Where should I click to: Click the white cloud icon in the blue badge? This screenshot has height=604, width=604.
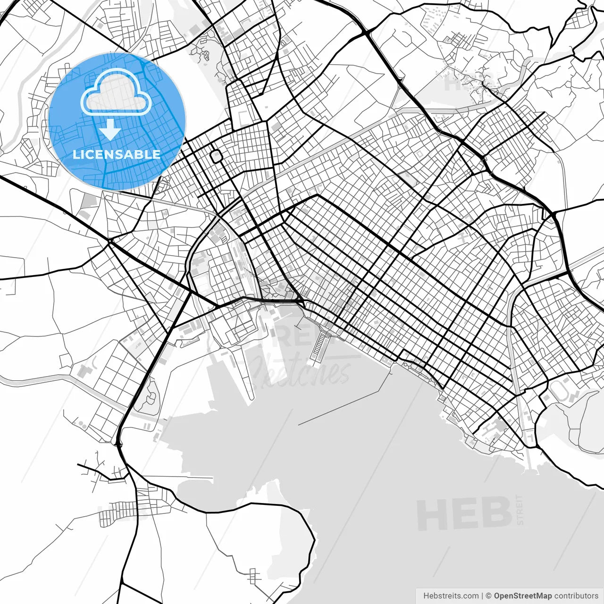116,92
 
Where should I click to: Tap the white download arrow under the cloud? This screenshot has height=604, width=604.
110,130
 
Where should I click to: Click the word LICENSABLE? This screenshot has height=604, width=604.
117,154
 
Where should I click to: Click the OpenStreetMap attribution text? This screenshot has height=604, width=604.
523,596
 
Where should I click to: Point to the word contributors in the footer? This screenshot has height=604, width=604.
576,596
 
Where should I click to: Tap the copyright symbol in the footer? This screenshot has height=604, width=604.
489,596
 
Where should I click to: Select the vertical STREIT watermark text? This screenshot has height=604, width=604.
520,510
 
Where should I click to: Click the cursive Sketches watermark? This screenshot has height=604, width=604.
302,370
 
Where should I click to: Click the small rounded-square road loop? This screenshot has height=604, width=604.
216,156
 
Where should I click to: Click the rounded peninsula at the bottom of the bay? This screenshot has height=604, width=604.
264,543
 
